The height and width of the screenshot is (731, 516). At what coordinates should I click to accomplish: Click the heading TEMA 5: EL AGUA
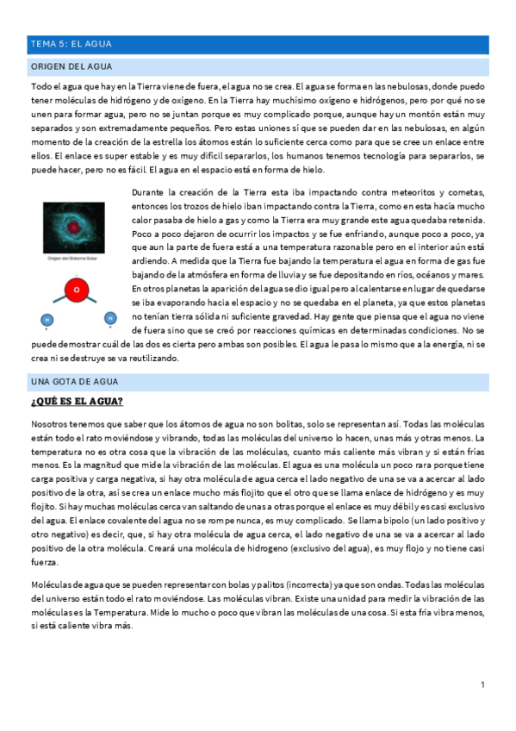[x=71, y=43]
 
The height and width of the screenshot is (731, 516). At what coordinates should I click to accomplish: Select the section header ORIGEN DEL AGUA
[x=71, y=66]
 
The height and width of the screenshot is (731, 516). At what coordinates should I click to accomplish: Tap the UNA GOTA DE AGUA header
[x=74, y=381]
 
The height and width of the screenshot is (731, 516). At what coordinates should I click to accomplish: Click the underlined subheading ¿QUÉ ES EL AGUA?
[x=77, y=402]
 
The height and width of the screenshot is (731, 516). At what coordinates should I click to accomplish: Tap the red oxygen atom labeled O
[x=77, y=291]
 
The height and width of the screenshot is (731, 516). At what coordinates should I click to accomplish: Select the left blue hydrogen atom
[x=47, y=320]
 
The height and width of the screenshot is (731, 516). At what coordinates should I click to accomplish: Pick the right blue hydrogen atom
[x=109, y=318]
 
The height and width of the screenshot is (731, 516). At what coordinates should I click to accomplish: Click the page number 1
[x=483, y=684]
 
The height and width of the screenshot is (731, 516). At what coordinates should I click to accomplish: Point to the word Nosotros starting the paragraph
[x=51, y=424]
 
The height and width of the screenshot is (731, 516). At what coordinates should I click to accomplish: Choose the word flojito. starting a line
[x=45, y=508]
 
